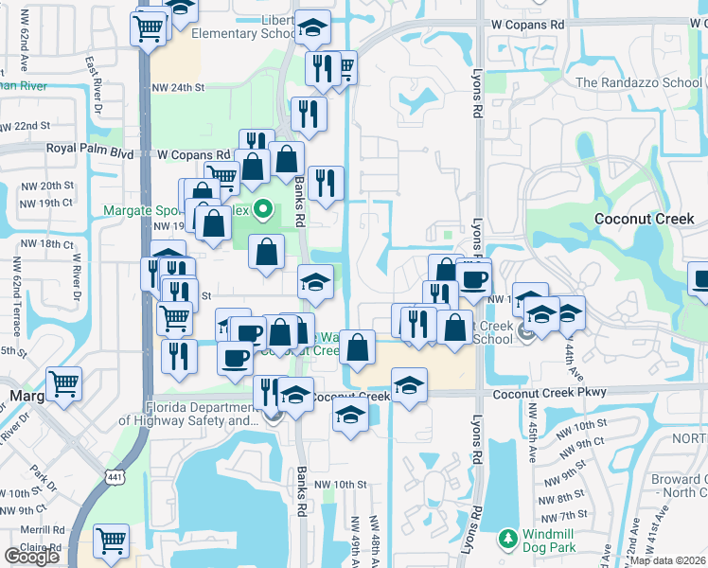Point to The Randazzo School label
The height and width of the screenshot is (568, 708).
[x=639, y=82]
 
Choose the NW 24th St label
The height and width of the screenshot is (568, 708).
[x=178, y=87]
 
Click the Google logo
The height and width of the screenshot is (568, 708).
[x=32, y=556]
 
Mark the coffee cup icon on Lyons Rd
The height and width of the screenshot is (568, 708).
[x=473, y=278]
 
